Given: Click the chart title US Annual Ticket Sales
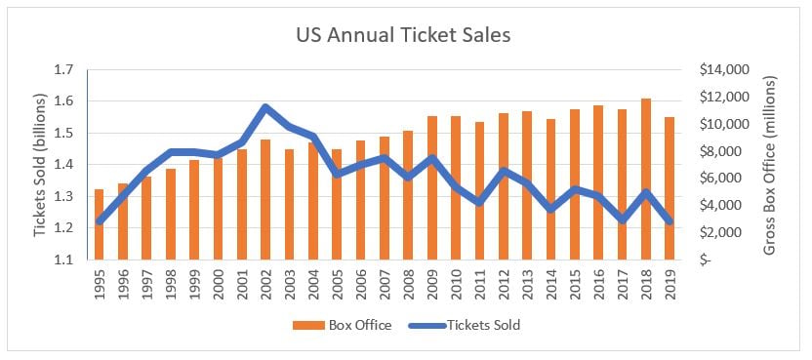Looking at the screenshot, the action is point(403,35).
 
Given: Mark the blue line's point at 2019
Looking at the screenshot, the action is point(670,220).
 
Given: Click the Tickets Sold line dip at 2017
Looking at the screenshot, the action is point(622,220).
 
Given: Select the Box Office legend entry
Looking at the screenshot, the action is point(342,325).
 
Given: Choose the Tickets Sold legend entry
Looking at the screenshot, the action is point(464,325).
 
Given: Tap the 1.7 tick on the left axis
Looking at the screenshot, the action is point(65,69).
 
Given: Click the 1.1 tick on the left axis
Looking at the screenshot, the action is point(65,260).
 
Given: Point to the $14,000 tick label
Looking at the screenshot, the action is point(720,70).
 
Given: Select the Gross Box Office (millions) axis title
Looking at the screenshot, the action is point(770,165).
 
